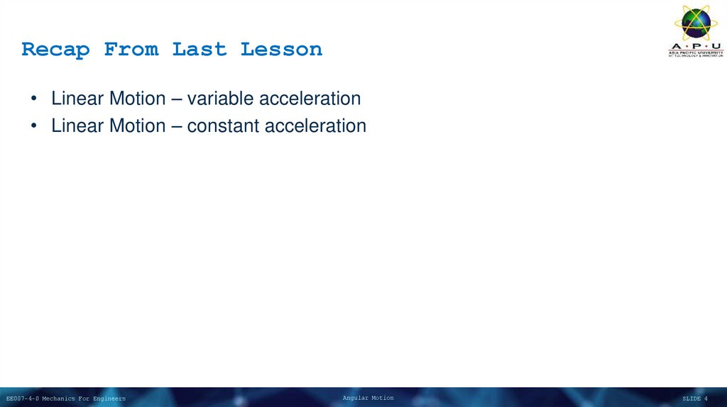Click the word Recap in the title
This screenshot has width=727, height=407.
(55, 50)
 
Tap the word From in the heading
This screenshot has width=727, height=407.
(131, 50)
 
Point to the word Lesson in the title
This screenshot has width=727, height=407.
(281, 50)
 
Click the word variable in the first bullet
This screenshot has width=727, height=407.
(220, 99)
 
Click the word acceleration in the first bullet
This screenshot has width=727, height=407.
(310, 99)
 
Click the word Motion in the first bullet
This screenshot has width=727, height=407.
(138, 99)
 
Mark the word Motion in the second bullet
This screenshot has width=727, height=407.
(138, 126)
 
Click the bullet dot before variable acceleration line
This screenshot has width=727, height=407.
(34, 99)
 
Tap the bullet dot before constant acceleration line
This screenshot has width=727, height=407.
(34, 127)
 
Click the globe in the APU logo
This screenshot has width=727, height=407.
(696, 22)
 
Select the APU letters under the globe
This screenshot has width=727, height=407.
(696, 46)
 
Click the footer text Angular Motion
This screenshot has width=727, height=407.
(368, 398)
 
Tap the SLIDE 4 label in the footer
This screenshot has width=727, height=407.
(694, 398)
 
